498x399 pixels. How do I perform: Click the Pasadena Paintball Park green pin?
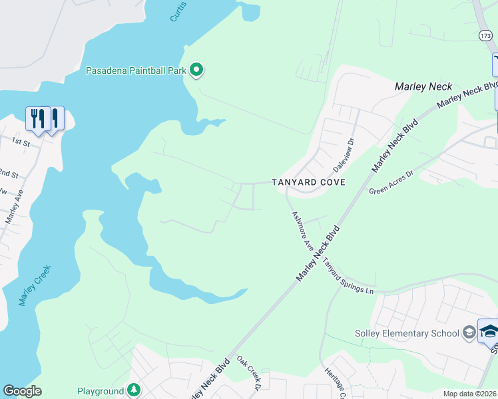pos(196,69)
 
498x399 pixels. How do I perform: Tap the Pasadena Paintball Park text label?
pos(136,70)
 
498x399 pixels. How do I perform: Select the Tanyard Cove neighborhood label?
pos(308,182)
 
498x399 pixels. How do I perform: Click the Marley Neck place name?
pos(423,86)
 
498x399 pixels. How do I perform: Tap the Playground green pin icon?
pos(134,390)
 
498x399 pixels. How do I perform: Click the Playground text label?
pos(101,392)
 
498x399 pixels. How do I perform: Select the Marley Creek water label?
pos(35,285)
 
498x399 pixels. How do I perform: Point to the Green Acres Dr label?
pos(391,182)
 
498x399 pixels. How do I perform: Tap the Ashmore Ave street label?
pos(302,231)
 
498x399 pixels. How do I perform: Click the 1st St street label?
pos(21,142)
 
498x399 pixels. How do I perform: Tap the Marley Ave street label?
pos(15,207)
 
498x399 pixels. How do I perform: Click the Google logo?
pos(22,391)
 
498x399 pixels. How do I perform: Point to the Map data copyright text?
pos(469,394)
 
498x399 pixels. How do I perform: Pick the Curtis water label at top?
pos(178,11)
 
